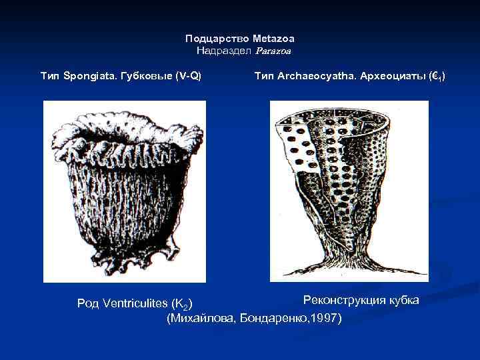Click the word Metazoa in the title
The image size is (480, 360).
[273, 39]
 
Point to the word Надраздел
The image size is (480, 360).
[222, 50]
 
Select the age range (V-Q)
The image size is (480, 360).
[188, 77]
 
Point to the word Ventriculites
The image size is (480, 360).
[135, 304]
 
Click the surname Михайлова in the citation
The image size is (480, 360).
[202, 319]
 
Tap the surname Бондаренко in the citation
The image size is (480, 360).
[272, 319]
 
